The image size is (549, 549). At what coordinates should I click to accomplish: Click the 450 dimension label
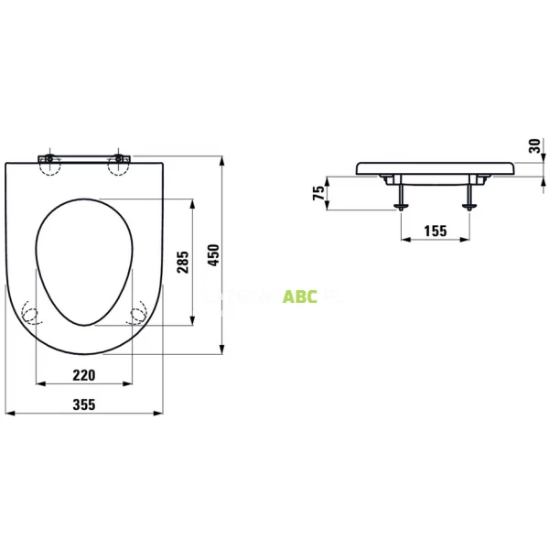(x=214, y=255)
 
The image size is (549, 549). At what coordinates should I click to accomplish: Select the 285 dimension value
(x=182, y=264)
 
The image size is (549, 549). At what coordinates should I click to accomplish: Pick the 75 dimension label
(x=318, y=192)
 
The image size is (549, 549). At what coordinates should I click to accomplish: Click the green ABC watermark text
(x=300, y=296)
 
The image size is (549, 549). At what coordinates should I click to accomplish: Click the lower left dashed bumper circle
(x=31, y=316)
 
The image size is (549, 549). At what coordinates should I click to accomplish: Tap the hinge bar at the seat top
(x=84, y=157)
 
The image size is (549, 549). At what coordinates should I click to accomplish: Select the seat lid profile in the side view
(x=435, y=168)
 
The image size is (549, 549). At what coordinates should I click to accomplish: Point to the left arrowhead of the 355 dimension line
(x=7, y=414)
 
